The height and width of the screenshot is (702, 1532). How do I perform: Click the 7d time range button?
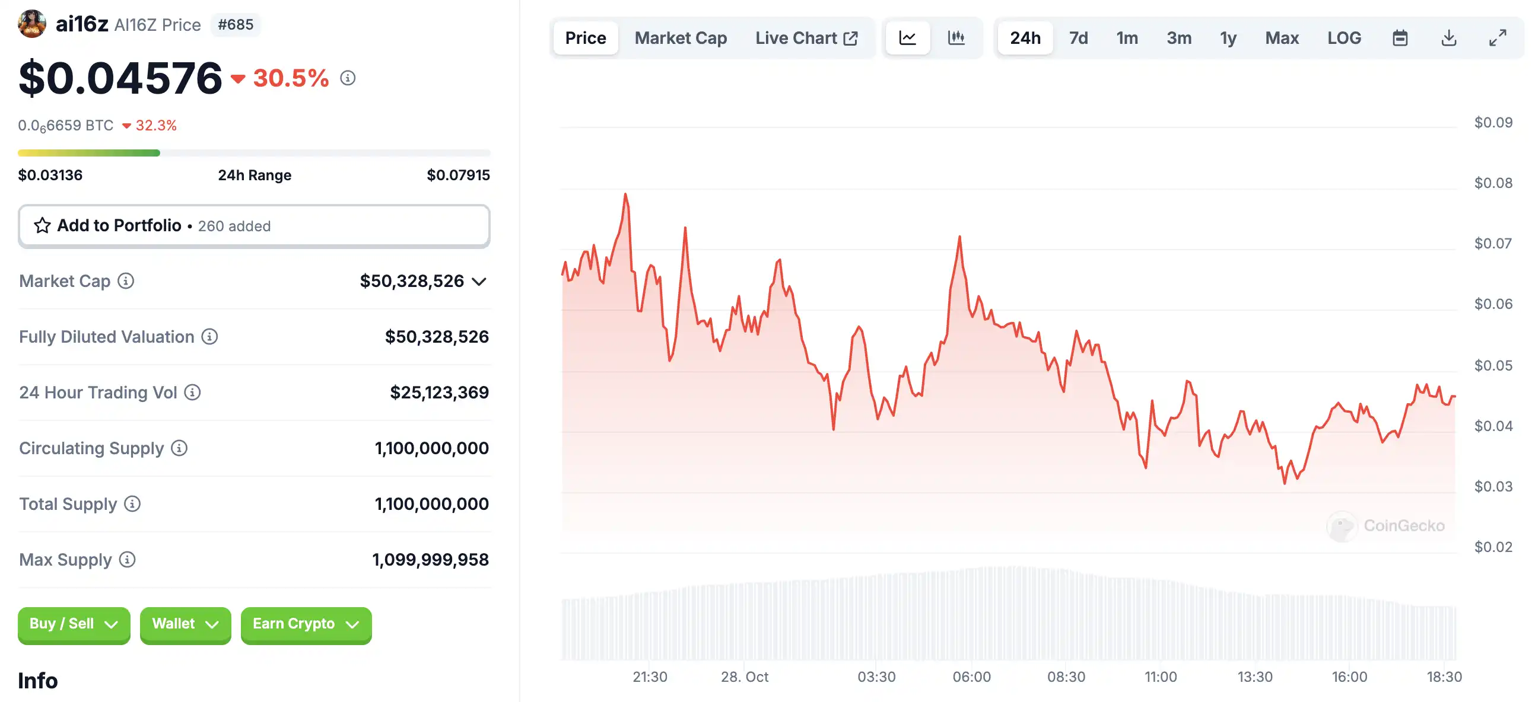(x=1078, y=38)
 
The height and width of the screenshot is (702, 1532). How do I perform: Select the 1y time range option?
(x=1228, y=38)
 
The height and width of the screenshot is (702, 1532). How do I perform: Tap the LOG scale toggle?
(x=1344, y=38)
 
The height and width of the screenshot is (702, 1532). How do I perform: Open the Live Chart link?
(x=806, y=38)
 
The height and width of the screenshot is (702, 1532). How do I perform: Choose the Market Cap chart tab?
(x=681, y=38)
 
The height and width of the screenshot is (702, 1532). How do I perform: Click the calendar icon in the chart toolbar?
(x=1400, y=38)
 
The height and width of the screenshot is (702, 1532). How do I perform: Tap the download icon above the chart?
(x=1449, y=38)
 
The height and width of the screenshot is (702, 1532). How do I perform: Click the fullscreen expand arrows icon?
(x=1498, y=38)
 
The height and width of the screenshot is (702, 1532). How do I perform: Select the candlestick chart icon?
(x=956, y=38)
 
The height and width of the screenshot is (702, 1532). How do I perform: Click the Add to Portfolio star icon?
(x=42, y=226)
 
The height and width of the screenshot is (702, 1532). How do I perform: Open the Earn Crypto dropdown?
(x=306, y=624)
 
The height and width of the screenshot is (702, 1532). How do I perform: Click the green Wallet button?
(x=185, y=624)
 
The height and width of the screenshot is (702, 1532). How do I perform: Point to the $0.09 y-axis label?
(x=1493, y=123)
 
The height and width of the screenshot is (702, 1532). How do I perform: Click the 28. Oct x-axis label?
(x=744, y=677)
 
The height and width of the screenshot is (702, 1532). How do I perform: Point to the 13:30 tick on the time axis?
(x=1255, y=677)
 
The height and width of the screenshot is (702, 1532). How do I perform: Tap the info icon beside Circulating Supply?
(x=179, y=448)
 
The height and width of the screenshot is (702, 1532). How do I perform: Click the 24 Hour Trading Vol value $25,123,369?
(x=439, y=393)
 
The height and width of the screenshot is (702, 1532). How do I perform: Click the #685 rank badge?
(x=236, y=25)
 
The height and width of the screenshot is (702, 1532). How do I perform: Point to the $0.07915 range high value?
(x=458, y=175)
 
